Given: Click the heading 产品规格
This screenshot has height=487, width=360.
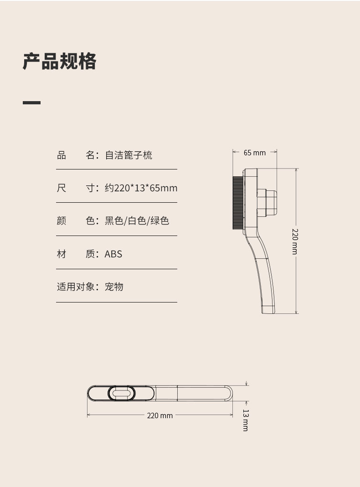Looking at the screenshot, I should click(x=60, y=61).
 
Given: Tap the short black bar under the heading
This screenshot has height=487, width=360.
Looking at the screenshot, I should click(x=31, y=103).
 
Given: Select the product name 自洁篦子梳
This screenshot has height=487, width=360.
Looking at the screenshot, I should click(x=129, y=155).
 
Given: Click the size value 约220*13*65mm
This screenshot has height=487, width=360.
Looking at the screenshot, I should click(x=141, y=188).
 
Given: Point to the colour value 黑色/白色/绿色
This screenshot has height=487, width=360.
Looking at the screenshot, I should click(x=137, y=221).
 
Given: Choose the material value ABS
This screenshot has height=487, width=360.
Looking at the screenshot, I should click(x=113, y=254).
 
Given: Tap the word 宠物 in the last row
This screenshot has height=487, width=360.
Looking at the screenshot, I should click(x=114, y=287).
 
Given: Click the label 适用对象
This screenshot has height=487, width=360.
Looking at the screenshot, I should click(x=75, y=287).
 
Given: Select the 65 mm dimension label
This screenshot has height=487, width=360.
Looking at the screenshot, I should click(x=254, y=153).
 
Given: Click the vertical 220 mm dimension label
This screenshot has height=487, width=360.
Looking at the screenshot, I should click(x=295, y=241).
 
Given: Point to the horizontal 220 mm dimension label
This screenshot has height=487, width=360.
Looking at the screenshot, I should click(x=160, y=415).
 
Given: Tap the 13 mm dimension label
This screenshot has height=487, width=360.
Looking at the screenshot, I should click(x=246, y=420).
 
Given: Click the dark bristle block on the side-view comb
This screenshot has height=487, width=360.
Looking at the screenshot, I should click(x=238, y=202).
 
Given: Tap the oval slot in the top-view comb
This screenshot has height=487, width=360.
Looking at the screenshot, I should click(x=121, y=393).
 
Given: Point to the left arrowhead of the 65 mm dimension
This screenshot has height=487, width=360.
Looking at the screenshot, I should click(x=234, y=153).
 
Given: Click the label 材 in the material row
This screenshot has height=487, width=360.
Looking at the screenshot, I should click(x=62, y=254).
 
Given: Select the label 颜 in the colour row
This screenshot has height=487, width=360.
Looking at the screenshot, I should click(x=62, y=221).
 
